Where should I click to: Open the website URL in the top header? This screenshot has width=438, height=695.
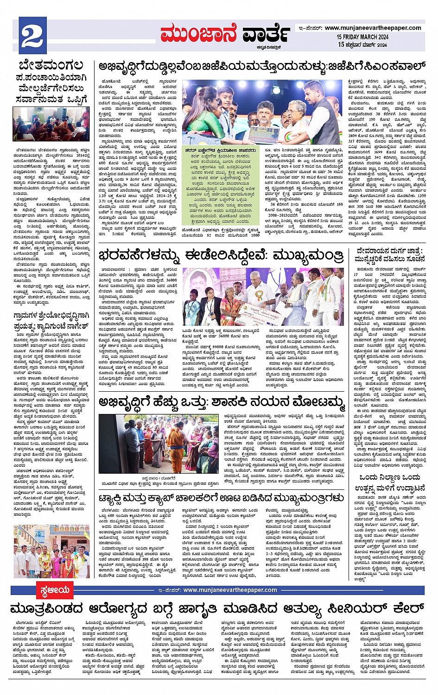[x=373, y=28]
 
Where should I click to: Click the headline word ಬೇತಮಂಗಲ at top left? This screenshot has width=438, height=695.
[x=51, y=65]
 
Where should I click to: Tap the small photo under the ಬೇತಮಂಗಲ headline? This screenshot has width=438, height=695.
[x=51, y=125]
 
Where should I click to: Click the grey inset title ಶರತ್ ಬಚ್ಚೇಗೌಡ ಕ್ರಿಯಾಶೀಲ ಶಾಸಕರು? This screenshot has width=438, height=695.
[x=220, y=150]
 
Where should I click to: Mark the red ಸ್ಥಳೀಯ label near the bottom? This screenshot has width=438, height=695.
[x=54, y=590]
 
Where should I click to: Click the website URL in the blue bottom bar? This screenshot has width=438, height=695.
[x=230, y=590]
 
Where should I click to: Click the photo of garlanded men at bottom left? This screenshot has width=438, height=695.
[x=51, y=551]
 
